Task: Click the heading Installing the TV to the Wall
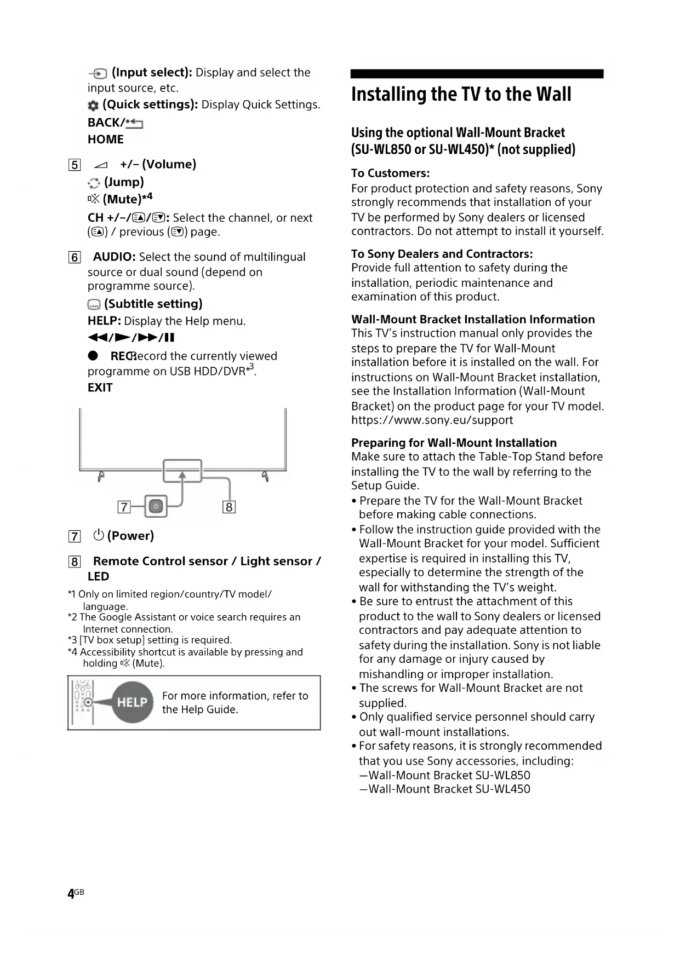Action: [x=461, y=94]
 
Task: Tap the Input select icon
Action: [x=98, y=74]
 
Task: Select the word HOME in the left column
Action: [x=106, y=140]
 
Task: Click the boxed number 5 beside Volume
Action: [x=75, y=165]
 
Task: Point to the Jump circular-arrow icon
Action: [x=94, y=183]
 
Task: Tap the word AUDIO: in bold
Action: [x=114, y=257]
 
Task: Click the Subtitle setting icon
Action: [x=94, y=305]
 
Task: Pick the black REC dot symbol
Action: [x=93, y=356]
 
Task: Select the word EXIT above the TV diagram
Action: [x=100, y=388]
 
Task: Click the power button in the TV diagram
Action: [x=156, y=507]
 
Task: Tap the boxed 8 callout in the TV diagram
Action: [x=229, y=507]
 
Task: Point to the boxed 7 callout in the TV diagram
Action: [x=124, y=507]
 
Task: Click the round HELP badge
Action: [x=132, y=702]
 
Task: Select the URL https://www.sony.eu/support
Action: [x=432, y=420]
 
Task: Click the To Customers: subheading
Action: [x=390, y=174]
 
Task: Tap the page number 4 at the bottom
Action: [x=71, y=894]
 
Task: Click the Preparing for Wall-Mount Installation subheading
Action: [x=454, y=443]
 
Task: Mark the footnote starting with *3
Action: [x=150, y=640]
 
